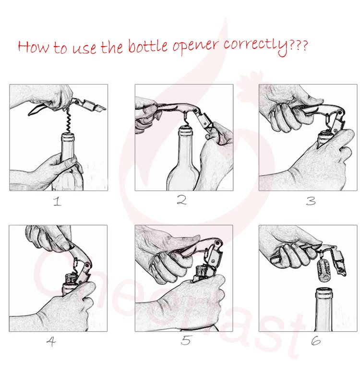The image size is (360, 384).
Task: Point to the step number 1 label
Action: [57, 201]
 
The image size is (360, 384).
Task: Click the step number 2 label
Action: [182, 200]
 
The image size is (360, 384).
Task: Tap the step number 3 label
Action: [311, 201]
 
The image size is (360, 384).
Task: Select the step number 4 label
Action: [51, 341]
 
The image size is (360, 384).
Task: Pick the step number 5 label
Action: [186, 340]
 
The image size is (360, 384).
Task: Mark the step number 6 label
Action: [316, 341]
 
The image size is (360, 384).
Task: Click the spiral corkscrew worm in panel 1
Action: [69, 120]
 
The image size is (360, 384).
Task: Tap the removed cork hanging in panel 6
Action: [323, 268]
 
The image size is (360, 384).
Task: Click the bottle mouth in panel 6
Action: [324, 292]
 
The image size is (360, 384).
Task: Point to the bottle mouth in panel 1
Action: [68, 137]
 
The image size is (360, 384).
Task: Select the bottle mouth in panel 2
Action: [186, 130]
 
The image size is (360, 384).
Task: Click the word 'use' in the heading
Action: [84, 48]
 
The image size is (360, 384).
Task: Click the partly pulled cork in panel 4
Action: [69, 279]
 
